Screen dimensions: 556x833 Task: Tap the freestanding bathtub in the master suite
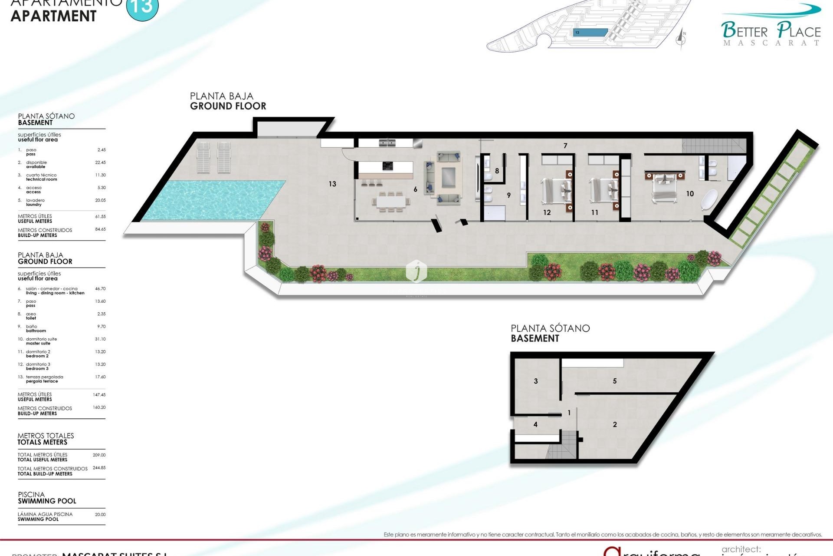[x=709, y=199]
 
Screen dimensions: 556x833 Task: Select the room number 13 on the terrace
[x=332, y=184]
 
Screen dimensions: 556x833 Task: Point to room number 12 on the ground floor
[x=547, y=212]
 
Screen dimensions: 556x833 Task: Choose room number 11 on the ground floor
[x=594, y=212]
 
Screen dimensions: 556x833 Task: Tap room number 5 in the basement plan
[x=614, y=381]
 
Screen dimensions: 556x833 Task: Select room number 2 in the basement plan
[x=614, y=424]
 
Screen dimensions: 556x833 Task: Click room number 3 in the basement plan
[x=536, y=381]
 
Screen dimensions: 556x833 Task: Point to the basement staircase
[x=562, y=445]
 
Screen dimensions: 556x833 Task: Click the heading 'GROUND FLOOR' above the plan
[x=228, y=106]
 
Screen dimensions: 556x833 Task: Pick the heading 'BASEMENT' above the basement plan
[x=535, y=338]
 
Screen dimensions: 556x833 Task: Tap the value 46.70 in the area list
[x=100, y=288]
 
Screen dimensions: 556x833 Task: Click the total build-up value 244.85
[x=99, y=468]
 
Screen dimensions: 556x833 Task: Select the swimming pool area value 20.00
[x=100, y=514]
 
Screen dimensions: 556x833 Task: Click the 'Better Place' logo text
[x=771, y=31]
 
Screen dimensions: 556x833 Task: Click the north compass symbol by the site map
[x=681, y=39]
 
